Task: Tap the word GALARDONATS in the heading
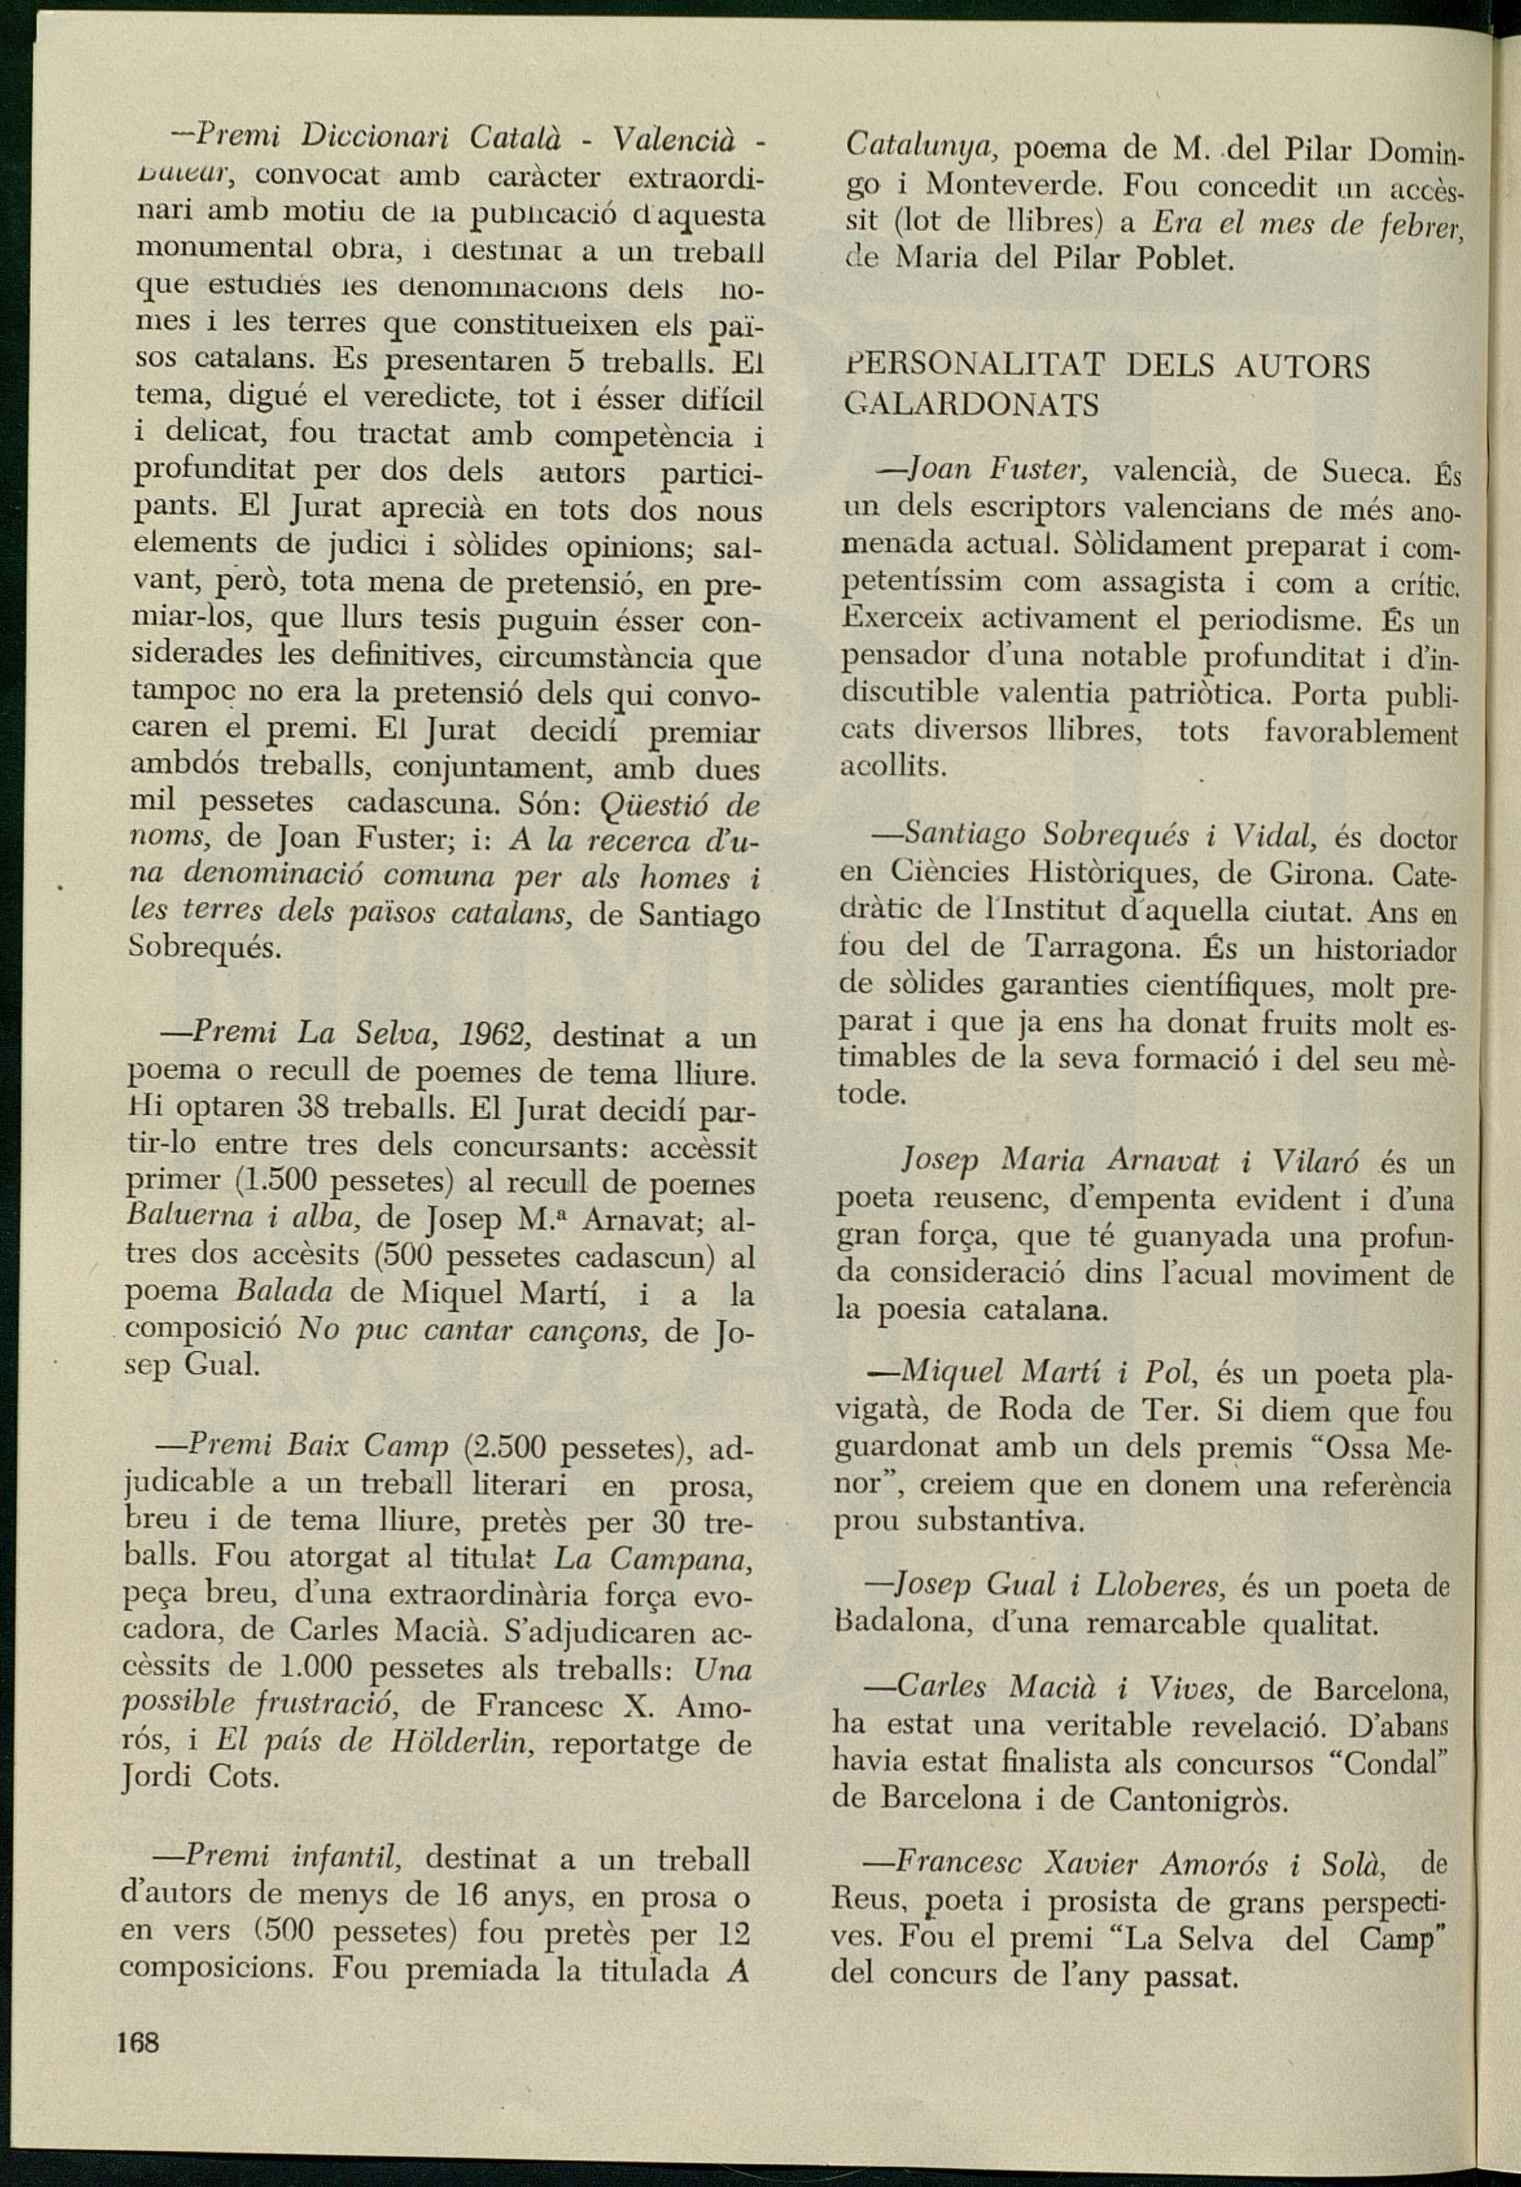click(x=972, y=405)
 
